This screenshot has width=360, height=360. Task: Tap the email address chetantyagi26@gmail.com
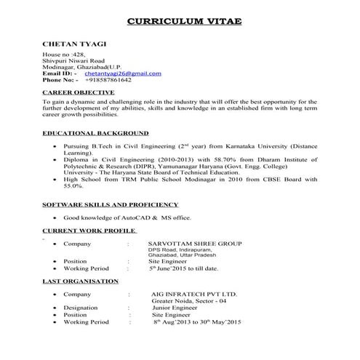(x=123, y=73)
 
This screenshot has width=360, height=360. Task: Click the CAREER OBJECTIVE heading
(x=78, y=93)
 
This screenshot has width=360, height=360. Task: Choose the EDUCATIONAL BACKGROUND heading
(x=95, y=134)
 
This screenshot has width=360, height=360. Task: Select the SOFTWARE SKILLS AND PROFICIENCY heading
(x=109, y=206)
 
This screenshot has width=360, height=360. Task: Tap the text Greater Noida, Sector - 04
(x=188, y=300)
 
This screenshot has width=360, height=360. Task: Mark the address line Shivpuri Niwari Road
(x=73, y=60)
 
